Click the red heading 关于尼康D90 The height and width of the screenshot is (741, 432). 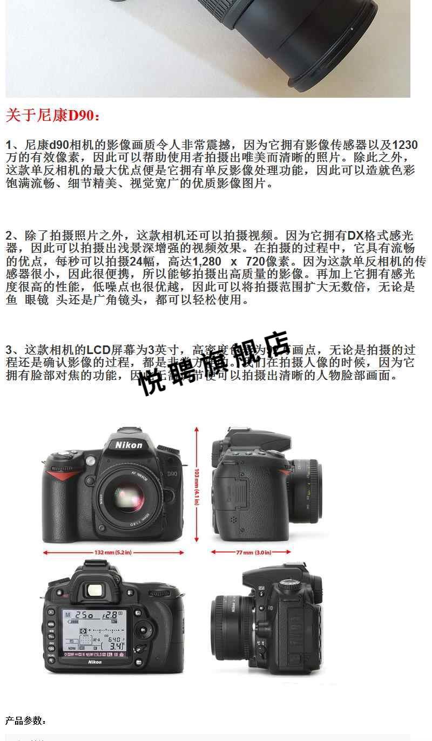[x=52, y=115]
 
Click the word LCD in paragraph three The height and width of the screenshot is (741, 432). [x=99, y=350]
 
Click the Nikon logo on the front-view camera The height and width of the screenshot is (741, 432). [x=129, y=445]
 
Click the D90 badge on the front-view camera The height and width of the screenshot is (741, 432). [x=172, y=473]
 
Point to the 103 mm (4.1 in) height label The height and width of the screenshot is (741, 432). [x=197, y=486]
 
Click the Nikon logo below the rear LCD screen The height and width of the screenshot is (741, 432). [x=95, y=662]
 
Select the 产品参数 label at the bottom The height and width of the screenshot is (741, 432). [x=25, y=721]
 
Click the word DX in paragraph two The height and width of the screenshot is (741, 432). [x=356, y=235]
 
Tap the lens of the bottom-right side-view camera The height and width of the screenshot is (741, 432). [x=230, y=623]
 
